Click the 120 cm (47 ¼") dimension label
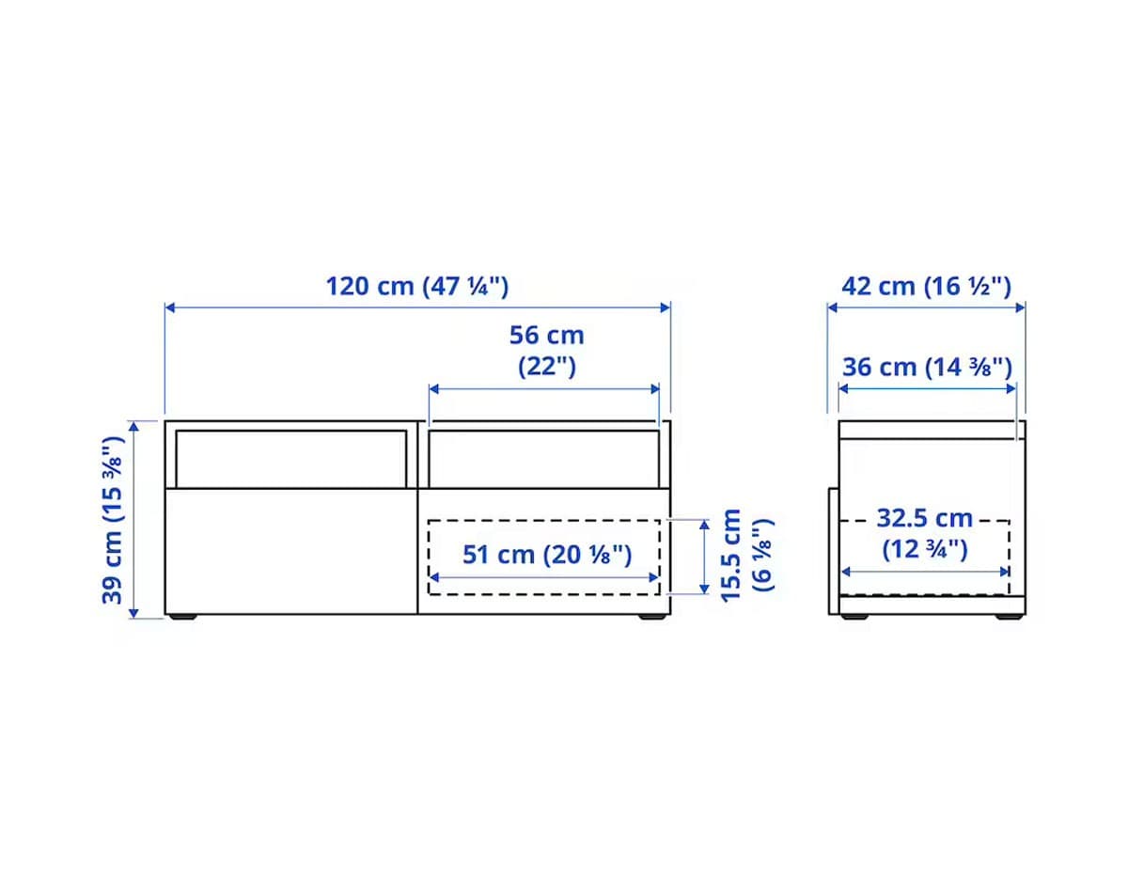coord(416,285)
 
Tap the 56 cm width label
coord(546,335)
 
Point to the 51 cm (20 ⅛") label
coord(546,555)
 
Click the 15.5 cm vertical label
coord(732,555)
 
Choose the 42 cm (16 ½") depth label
coord(926,285)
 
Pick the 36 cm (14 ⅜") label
coord(926,367)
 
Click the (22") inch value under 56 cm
coord(546,366)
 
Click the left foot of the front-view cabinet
coord(183,618)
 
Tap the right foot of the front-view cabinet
coord(650,618)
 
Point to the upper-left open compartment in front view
coord(290,459)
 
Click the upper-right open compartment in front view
coord(542,459)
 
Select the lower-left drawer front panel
coord(290,551)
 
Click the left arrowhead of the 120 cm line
coord(169,307)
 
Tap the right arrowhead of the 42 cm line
coord(1021,307)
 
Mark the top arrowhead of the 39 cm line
coord(134,425)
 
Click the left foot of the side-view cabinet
coord(854,618)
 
